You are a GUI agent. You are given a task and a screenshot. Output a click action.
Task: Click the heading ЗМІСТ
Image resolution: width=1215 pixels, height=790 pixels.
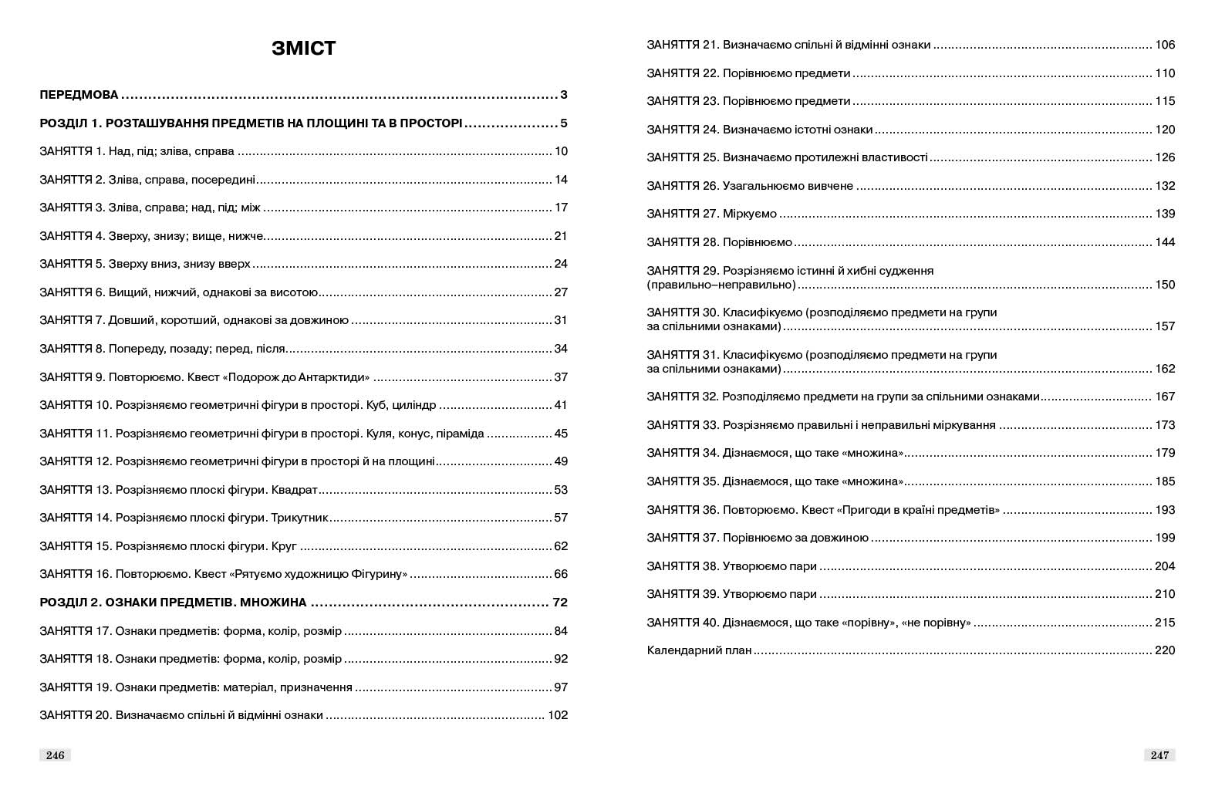[x=303, y=49]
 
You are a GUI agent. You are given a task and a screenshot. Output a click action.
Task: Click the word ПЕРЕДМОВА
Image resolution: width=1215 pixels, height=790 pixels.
[x=79, y=96]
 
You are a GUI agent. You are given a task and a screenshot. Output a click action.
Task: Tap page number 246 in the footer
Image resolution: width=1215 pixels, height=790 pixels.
[x=55, y=755]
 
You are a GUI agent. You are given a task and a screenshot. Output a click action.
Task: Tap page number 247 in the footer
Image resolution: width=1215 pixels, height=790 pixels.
[x=1159, y=755]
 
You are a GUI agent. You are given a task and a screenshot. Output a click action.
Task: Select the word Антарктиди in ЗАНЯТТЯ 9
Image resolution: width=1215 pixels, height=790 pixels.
[x=329, y=377]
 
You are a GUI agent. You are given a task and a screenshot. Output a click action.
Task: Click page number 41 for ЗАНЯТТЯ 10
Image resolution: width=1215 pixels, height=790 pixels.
[x=561, y=405]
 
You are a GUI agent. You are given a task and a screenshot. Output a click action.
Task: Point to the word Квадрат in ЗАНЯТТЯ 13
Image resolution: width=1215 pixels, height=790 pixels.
[x=295, y=490]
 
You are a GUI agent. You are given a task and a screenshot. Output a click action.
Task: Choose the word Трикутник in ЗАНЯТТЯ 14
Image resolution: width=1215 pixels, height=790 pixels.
[x=300, y=518]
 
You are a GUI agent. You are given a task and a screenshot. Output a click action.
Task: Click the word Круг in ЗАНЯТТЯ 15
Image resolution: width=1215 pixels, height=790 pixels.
[x=284, y=546]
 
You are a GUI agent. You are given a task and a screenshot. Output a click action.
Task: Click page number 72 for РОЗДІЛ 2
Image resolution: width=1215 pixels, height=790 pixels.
[x=560, y=603]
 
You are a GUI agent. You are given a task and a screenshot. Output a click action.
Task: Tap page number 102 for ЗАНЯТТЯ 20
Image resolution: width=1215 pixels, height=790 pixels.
[x=557, y=715]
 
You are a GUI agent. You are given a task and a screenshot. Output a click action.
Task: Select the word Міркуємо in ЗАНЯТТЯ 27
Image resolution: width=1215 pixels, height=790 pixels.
[x=750, y=214]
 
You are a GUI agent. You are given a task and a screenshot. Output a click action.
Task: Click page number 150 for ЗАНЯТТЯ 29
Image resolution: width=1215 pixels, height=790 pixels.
[x=1165, y=285]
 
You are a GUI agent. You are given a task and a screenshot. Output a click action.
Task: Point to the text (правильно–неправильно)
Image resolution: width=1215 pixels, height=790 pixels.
[x=721, y=285]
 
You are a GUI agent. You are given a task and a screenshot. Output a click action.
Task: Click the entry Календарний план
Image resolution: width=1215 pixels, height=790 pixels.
[x=699, y=650]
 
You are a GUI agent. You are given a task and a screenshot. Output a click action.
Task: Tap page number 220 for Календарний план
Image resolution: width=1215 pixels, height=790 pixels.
[x=1165, y=650]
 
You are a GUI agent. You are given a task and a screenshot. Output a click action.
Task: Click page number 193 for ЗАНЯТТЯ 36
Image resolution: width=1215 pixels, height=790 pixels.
[x=1165, y=510]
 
